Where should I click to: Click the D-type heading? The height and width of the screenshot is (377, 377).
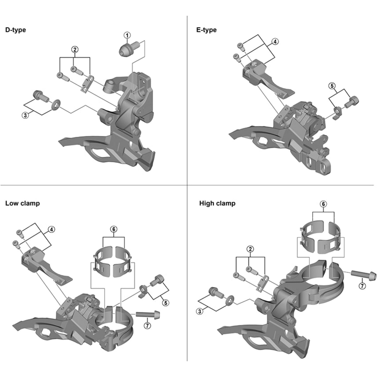tap(16, 30)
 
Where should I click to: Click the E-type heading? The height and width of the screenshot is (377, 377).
tap(206, 30)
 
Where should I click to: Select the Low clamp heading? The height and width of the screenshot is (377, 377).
tap(22, 203)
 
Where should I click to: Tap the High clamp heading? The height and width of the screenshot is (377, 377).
tap(217, 203)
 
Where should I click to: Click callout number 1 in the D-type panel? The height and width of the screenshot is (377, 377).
tap(127, 35)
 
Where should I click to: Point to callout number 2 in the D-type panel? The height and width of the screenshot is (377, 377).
tap(75, 50)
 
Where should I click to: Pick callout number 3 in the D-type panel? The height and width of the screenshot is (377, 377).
tap(25, 115)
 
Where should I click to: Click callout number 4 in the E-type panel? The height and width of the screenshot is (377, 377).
tap(275, 41)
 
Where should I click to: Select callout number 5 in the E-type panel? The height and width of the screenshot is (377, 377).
tap(332, 86)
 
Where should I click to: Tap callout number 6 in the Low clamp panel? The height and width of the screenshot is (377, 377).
tap(114, 229)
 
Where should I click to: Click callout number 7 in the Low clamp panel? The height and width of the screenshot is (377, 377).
tap(147, 325)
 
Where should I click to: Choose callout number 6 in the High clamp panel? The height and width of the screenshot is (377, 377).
tap(324, 204)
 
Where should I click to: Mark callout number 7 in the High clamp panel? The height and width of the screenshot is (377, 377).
tap(362, 286)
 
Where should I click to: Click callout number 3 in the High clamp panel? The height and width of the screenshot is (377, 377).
tap(200, 311)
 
